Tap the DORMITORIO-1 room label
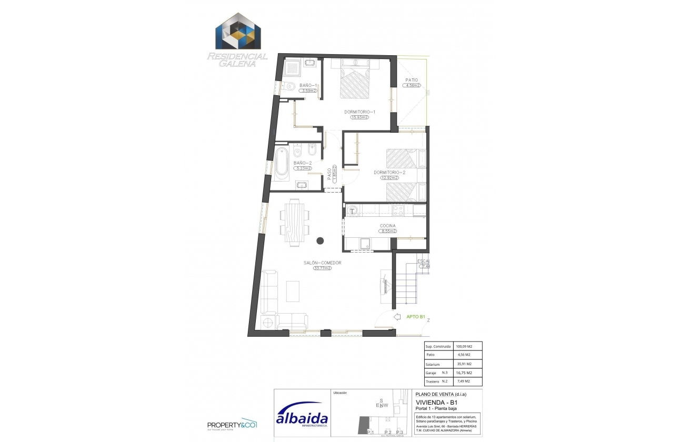click(x=360, y=112)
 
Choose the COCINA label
click(x=388, y=226)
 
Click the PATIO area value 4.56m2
click(x=412, y=86)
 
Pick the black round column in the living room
click(x=320, y=241)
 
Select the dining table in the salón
click(x=294, y=222)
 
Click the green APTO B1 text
click(x=416, y=317)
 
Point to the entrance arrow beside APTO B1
click(x=397, y=317)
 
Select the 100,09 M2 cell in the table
click(x=464, y=347)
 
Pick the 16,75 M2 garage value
click(x=464, y=373)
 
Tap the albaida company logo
click(x=302, y=418)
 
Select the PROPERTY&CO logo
click(x=231, y=425)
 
